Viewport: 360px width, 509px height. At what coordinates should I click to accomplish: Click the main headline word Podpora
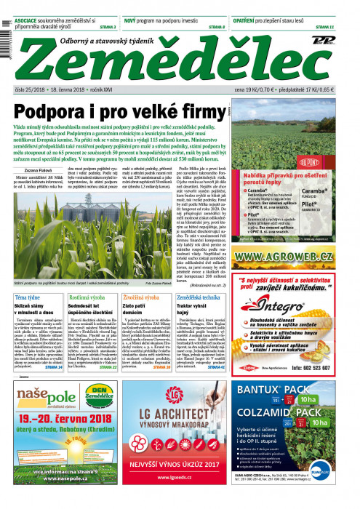coord(52,113)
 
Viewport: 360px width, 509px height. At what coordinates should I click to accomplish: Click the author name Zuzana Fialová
coord(36,167)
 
